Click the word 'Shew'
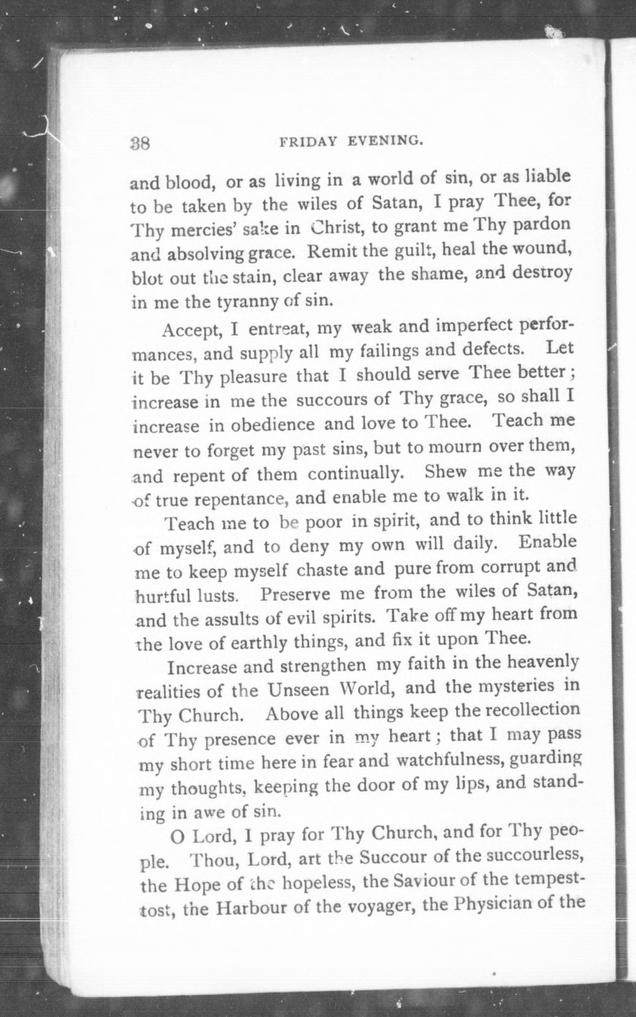pos(445,472)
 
